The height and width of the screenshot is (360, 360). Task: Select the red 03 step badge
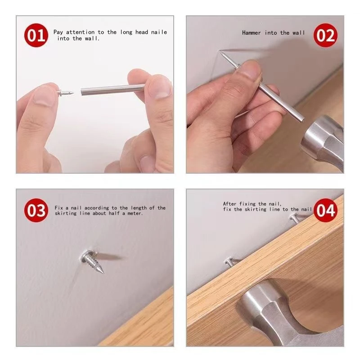tap(36, 210)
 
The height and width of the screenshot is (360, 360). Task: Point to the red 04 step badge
tap(325, 210)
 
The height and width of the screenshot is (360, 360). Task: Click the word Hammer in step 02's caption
tap(252, 33)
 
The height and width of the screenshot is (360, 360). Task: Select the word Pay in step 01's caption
tap(58, 32)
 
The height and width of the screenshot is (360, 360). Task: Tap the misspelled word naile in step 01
tap(158, 32)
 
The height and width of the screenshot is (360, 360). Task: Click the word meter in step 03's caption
tap(134, 214)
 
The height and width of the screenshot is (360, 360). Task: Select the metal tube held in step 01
tap(112, 89)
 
